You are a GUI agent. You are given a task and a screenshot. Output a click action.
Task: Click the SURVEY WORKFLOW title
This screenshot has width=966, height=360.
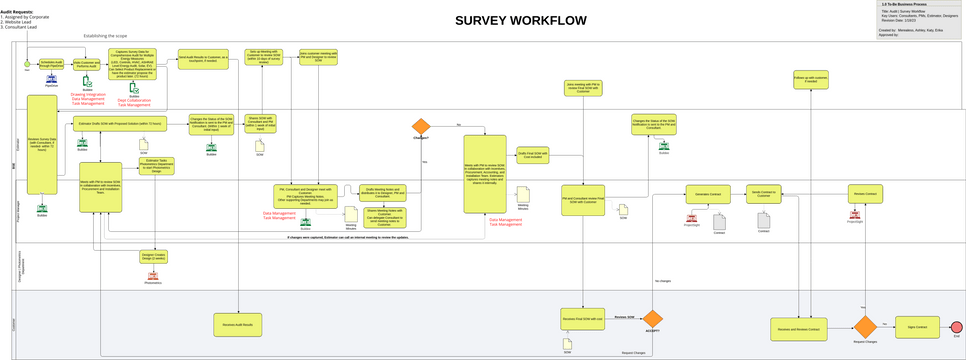click(521, 21)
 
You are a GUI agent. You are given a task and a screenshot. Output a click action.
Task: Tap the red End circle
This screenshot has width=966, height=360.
click(956, 327)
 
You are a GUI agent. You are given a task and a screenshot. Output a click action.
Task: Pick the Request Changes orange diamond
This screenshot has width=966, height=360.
click(864, 327)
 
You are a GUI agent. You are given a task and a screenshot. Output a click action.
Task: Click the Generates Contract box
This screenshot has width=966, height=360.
click(707, 193)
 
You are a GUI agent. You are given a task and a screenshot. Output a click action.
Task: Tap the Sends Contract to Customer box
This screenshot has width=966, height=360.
click(763, 193)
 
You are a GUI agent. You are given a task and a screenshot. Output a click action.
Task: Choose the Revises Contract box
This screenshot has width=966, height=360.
click(864, 193)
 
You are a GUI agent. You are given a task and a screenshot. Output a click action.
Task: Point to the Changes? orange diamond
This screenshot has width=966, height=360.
click(420, 126)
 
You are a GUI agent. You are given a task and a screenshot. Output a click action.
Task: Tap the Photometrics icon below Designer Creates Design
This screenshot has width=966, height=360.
click(152, 277)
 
